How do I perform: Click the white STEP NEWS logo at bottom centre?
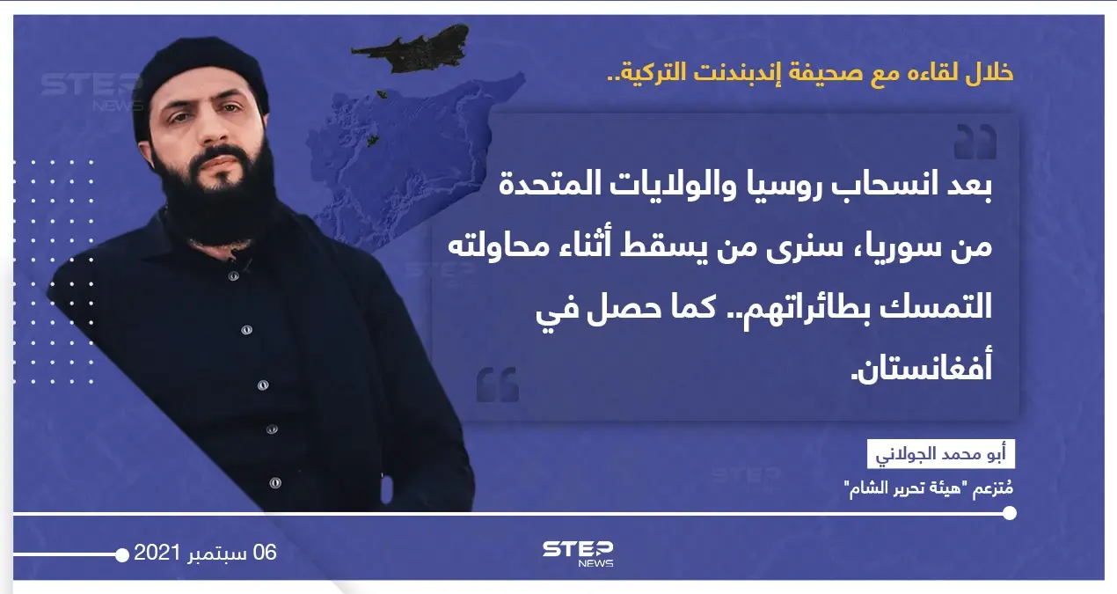pyautogui.click(x=578, y=552)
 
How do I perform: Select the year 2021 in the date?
pyautogui.click(x=157, y=554)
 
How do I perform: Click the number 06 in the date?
pyautogui.click(x=265, y=553)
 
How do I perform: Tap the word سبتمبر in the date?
pyautogui.click(x=215, y=554)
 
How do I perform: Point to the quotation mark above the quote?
pyautogui.click(x=975, y=143)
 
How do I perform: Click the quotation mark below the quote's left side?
pyautogui.click(x=498, y=385)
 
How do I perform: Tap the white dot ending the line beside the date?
pyautogui.click(x=122, y=554)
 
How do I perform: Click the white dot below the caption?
pyautogui.click(x=1009, y=513)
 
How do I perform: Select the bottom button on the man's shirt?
pyautogui.click(x=275, y=483)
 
